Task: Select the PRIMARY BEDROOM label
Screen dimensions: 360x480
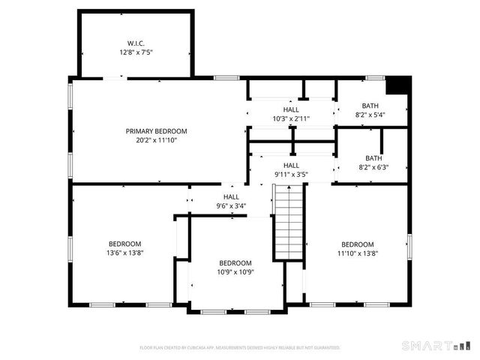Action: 156,131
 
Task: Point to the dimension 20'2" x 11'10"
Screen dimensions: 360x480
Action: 156,141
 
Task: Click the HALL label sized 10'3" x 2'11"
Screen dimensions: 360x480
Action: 291,109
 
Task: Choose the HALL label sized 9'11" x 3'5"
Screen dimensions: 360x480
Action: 291,165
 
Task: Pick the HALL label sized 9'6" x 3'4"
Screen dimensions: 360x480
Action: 232,196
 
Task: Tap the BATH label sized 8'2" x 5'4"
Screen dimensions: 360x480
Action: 370,106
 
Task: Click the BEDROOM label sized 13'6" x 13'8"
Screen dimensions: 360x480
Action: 124,244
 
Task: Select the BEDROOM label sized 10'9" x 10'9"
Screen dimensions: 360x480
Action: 235,262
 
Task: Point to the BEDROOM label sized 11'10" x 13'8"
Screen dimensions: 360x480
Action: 358,244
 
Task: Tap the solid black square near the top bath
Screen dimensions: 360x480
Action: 400,85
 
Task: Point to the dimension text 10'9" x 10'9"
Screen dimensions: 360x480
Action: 235,272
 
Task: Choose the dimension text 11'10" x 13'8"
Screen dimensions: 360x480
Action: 358,253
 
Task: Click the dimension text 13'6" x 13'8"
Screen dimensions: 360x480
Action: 124,253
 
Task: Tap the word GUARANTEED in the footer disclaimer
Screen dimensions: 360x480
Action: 325,348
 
